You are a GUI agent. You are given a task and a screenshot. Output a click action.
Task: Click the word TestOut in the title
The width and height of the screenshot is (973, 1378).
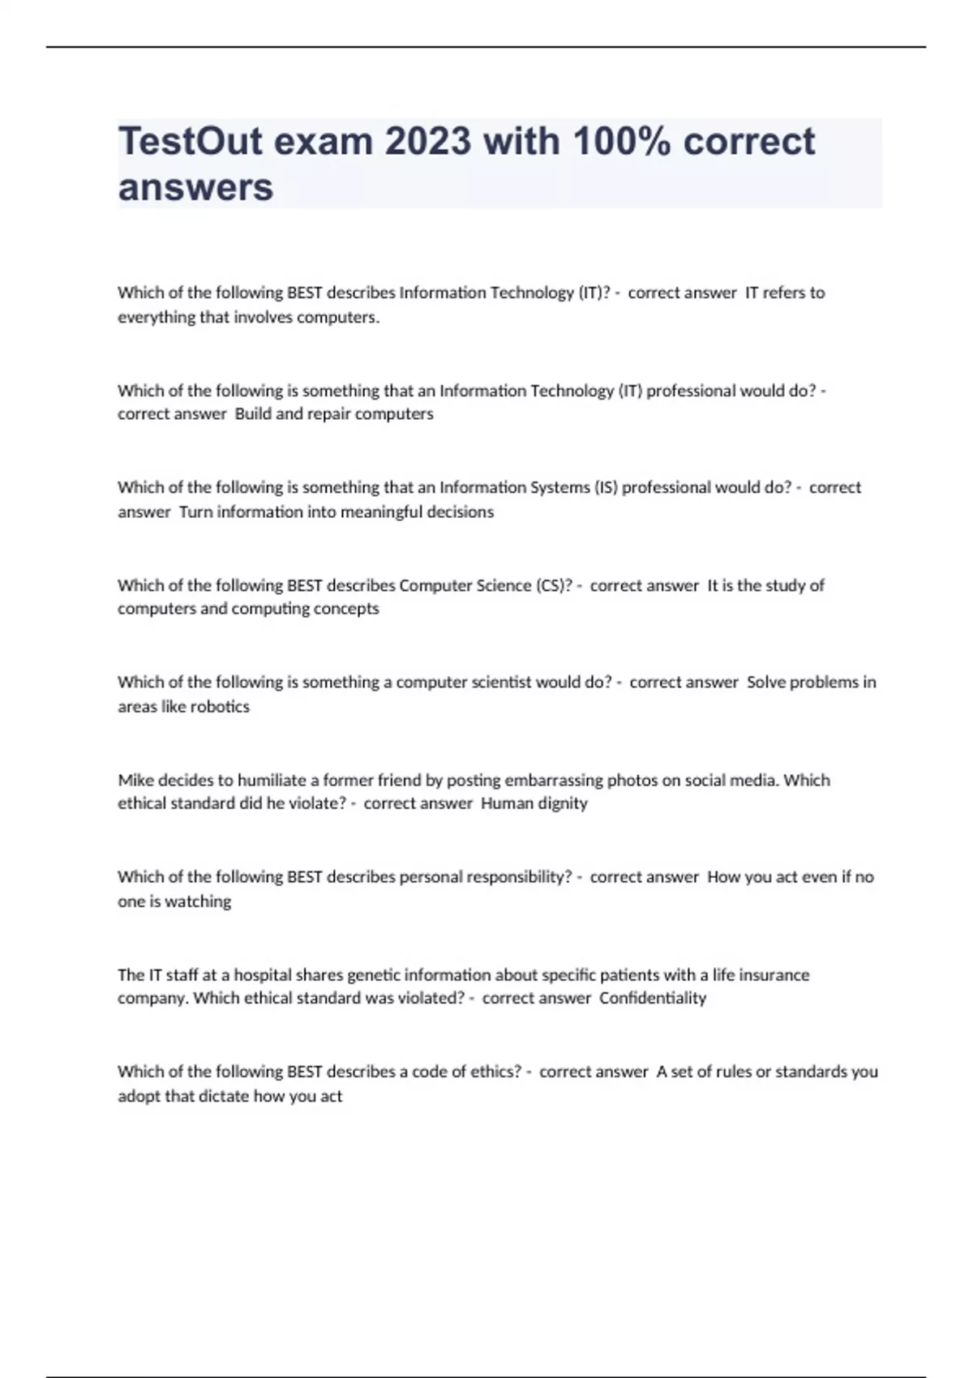click(x=190, y=142)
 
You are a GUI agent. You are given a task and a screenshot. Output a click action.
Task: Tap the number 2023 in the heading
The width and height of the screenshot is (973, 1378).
click(x=427, y=142)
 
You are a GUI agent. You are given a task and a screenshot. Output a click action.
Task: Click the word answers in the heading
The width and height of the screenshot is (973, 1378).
click(x=195, y=187)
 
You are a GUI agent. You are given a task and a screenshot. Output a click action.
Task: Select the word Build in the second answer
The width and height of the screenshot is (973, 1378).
click(x=253, y=413)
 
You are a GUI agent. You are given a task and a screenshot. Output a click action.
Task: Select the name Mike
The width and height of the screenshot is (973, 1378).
click(x=135, y=780)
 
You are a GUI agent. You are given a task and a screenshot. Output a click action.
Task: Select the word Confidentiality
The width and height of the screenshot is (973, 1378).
click(x=653, y=998)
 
